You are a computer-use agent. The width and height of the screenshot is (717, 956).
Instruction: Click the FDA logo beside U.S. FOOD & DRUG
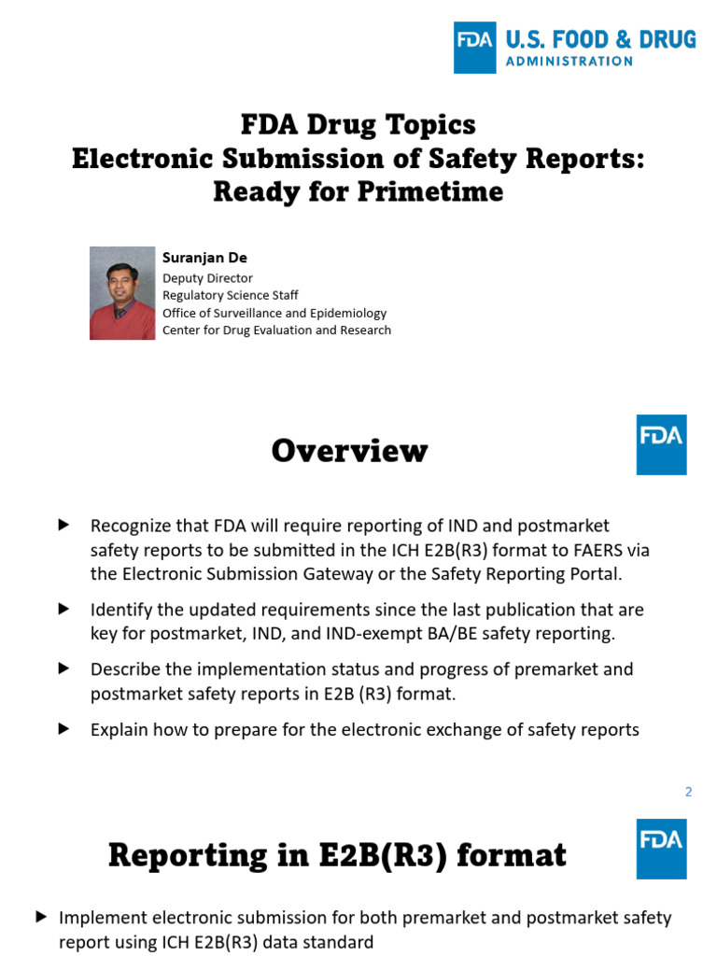475,48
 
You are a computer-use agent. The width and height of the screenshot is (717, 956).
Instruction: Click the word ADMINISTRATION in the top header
569,62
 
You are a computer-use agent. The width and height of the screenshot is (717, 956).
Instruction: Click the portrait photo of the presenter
122,293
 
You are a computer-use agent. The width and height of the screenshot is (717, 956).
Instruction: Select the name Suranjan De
204,258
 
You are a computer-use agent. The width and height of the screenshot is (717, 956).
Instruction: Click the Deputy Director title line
207,278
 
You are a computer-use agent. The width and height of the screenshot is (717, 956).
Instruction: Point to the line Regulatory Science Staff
231,295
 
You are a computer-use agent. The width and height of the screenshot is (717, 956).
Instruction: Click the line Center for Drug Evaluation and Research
276,330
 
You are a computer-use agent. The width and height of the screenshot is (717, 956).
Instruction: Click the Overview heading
349,451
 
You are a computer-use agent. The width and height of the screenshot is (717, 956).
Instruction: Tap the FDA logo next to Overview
661,444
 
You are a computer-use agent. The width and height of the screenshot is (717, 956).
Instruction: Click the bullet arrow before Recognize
64,526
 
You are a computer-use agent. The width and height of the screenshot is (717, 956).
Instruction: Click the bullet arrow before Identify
64,609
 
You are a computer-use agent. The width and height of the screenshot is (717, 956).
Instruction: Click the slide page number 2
688,792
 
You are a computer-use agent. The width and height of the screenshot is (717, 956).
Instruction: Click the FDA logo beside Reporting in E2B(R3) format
661,849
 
